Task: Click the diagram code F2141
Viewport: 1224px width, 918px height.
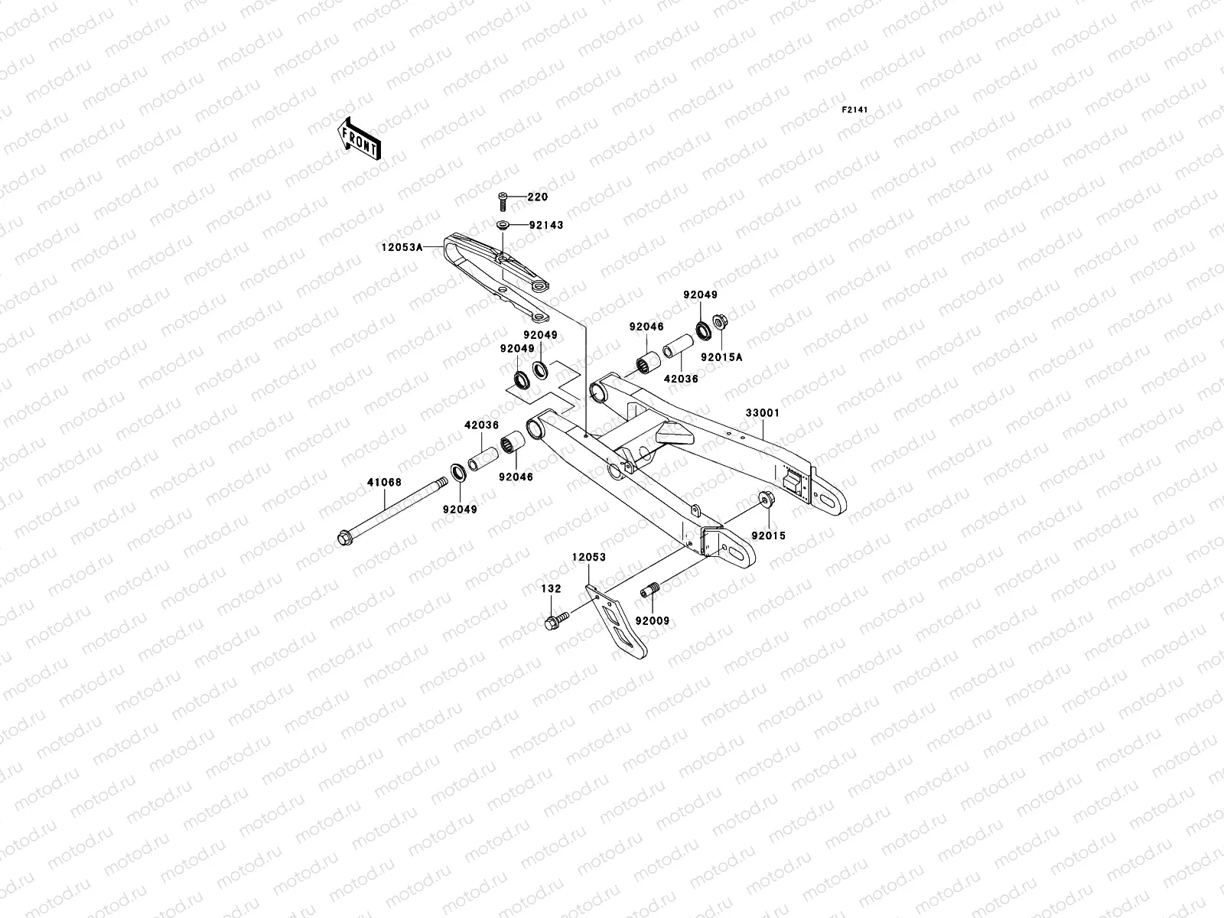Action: (855, 110)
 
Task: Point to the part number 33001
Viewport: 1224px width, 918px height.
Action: (763, 413)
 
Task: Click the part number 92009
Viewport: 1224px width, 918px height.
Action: (653, 621)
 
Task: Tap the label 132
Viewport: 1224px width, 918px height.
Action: (551, 589)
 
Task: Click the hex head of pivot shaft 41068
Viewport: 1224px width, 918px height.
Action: (343, 538)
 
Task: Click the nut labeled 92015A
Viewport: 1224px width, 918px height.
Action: (720, 321)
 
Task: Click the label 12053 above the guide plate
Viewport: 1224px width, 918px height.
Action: (588, 558)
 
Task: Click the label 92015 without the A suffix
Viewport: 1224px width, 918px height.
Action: (767, 536)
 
